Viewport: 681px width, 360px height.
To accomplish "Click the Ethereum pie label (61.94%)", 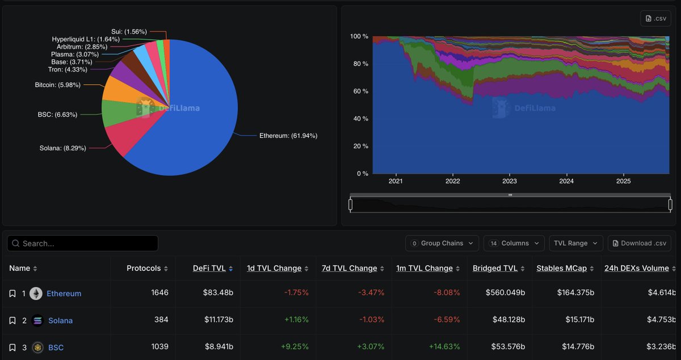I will (x=288, y=136).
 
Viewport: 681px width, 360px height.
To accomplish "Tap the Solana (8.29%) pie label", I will (x=62, y=148).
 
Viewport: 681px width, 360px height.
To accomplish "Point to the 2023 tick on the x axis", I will (x=510, y=181).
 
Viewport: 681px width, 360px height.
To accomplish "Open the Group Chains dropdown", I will (x=442, y=243).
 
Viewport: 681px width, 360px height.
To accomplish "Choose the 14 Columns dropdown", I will (x=514, y=243).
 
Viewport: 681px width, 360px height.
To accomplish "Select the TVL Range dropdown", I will (x=575, y=243).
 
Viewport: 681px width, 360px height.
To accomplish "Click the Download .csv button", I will (x=639, y=243).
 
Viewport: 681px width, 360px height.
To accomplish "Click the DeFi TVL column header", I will (x=209, y=268).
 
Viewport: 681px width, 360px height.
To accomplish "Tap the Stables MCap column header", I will (x=561, y=268).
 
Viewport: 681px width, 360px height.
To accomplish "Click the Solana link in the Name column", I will (x=60, y=320).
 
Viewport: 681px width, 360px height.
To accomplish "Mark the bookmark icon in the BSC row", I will (x=12, y=348).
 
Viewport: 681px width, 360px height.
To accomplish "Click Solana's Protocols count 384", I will (x=161, y=320).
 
